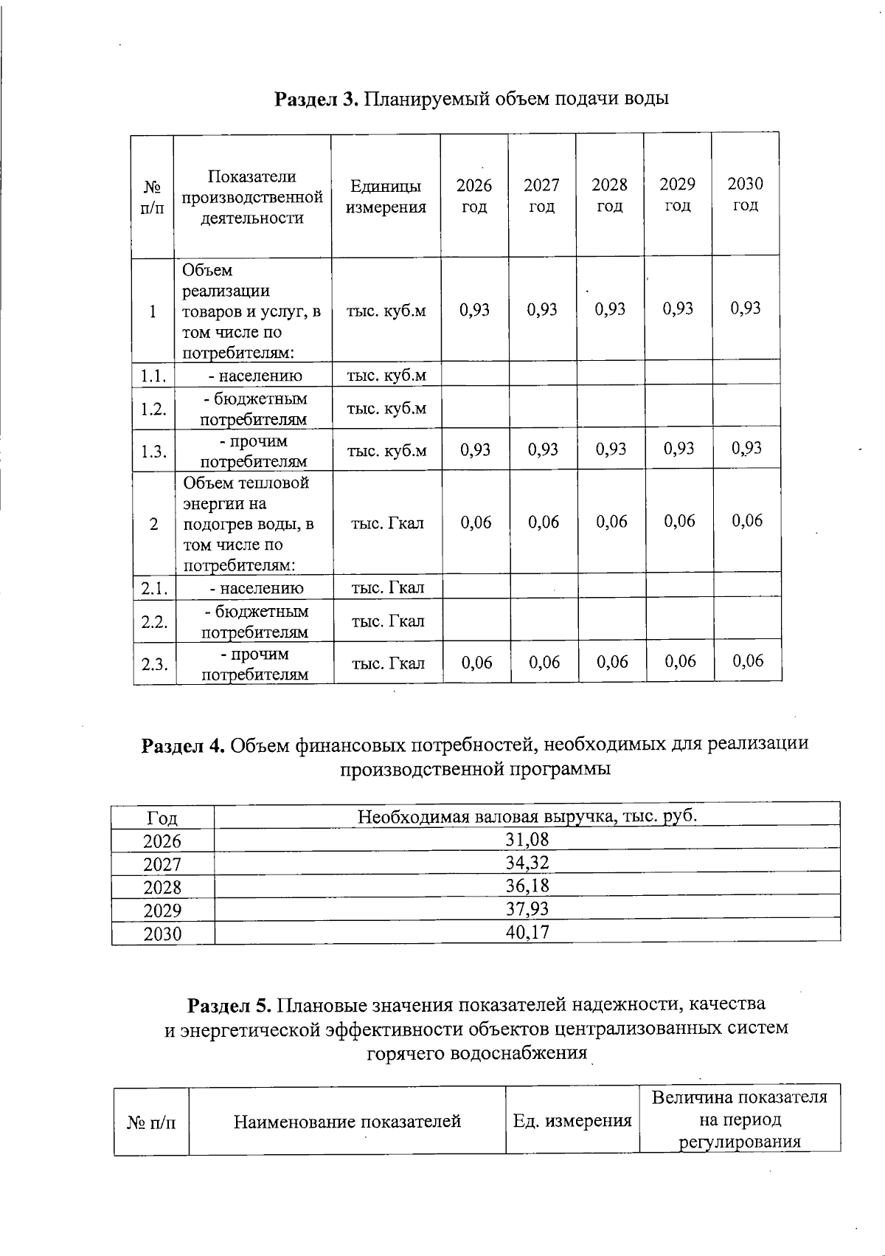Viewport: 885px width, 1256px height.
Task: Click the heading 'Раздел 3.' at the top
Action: [x=316, y=99]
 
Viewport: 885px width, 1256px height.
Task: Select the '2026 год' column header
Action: [x=473, y=196]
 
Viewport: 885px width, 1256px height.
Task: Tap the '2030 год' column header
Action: [x=745, y=194]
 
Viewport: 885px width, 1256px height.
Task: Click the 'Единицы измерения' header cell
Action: [x=386, y=196]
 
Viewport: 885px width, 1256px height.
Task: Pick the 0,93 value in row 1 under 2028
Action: [x=610, y=309]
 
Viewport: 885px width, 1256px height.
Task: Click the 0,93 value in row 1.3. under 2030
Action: [x=746, y=449]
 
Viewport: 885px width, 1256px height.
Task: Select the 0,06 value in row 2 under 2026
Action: [x=476, y=522]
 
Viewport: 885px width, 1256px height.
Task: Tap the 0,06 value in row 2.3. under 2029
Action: [x=680, y=661]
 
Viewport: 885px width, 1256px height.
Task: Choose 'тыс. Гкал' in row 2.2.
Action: [x=388, y=621]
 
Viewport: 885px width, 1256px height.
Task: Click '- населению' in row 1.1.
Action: [x=255, y=376]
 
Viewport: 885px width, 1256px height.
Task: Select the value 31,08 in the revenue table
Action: [x=527, y=840]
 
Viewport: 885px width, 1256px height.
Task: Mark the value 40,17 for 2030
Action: [x=527, y=932]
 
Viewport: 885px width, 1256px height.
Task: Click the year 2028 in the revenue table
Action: [x=162, y=887]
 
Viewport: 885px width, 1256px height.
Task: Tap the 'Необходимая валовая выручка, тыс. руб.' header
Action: [x=527, y=816]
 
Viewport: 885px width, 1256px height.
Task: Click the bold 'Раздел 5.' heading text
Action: [x=231, y=1004]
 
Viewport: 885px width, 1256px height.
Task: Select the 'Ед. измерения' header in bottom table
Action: [x=572, y=1122]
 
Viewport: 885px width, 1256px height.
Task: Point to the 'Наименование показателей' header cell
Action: [x=347, y=1122]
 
